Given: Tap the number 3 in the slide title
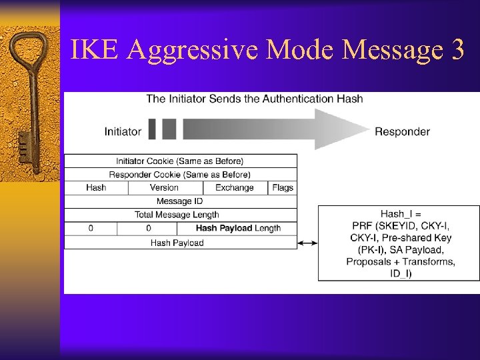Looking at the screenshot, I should (x=457, y=51).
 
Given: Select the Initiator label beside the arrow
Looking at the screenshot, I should (x=123, y=131).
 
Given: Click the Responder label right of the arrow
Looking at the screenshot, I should (x=402, y=131).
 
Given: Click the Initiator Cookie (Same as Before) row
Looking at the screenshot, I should (x=180, y=161).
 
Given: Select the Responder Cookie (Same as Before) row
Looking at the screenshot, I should (x=180, y=174).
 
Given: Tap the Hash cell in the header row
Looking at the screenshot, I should (x=96, y=187).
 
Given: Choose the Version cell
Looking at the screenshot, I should (x=164, y=187).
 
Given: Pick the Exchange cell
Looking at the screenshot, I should (x=234, y=187).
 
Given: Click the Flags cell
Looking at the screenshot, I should (x=283, y=187).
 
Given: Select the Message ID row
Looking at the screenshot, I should (x=180, y=201).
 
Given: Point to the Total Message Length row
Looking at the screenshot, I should (x=180, y=215).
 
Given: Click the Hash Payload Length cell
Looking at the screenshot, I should (x=238, y=228).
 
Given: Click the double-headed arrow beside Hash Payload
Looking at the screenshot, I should (x=307, y=243).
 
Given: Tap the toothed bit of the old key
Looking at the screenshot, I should (x=23, y=143).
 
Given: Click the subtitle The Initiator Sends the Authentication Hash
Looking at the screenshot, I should (x=255, y=99).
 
